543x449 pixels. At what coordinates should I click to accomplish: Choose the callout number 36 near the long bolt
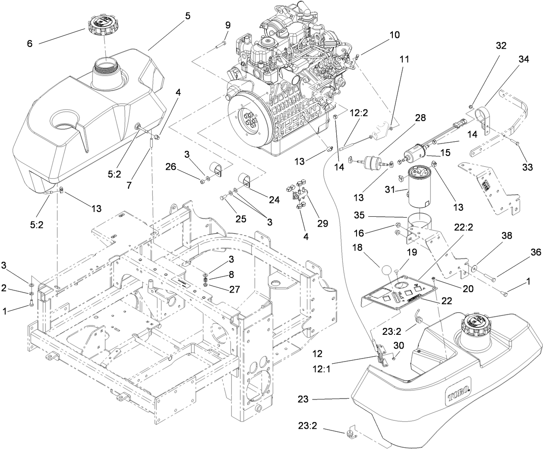click(x=535, y=253)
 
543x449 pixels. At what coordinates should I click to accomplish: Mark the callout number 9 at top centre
click(x=228, y=25)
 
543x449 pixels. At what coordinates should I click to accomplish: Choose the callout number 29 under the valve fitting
click(x=322, y=223)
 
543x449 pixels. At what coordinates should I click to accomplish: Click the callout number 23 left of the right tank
click(x=303, y=399)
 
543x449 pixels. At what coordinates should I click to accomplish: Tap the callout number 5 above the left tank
click(x=187, y=16)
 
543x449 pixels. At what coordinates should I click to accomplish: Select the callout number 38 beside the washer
click(x=507, y=236)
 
